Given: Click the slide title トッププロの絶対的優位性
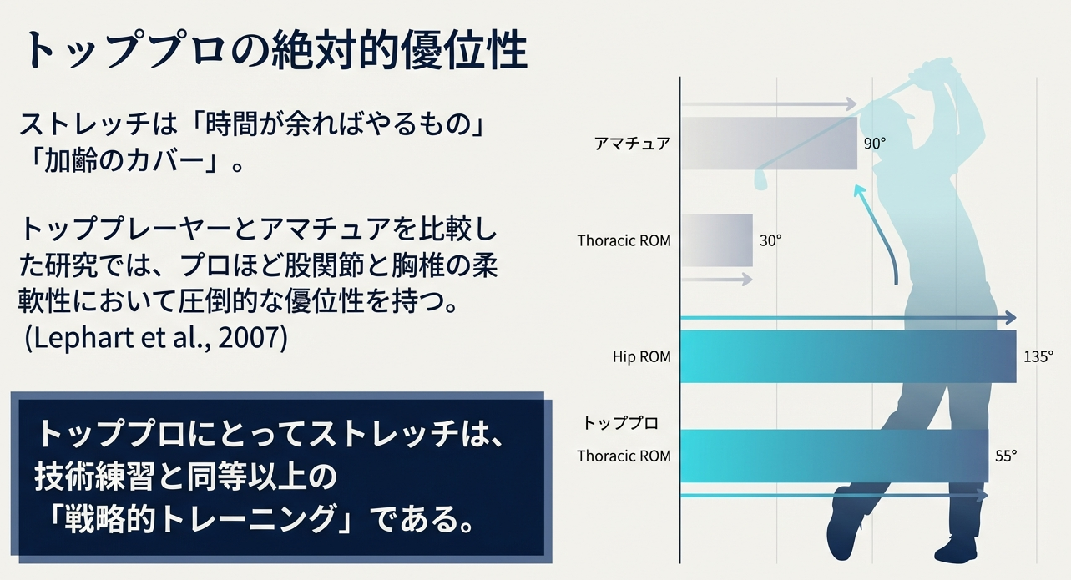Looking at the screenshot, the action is click(275, 51).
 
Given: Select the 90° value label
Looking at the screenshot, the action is click(875, 144).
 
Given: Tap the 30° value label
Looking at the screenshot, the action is click(770, 240).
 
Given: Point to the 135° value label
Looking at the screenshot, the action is click(1038, 356).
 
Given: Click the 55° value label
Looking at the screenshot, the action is click(1006, 456).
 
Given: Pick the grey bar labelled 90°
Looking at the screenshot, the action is click(769, 144).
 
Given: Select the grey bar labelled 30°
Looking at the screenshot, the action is click(717, 240).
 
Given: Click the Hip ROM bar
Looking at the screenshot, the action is click(849, 356).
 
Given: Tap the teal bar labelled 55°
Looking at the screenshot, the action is click(834, 456).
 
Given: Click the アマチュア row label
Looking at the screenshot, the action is click(632, 144).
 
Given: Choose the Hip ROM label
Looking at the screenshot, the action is click(642, 356).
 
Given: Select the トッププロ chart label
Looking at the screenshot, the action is click(620, 423).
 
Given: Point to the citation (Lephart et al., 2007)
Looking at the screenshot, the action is click(156, 338).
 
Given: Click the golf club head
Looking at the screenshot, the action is click(760, 179).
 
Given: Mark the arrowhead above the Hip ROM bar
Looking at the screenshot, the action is click(1010, 317).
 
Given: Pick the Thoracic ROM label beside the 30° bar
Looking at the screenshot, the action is click(624, 240).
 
